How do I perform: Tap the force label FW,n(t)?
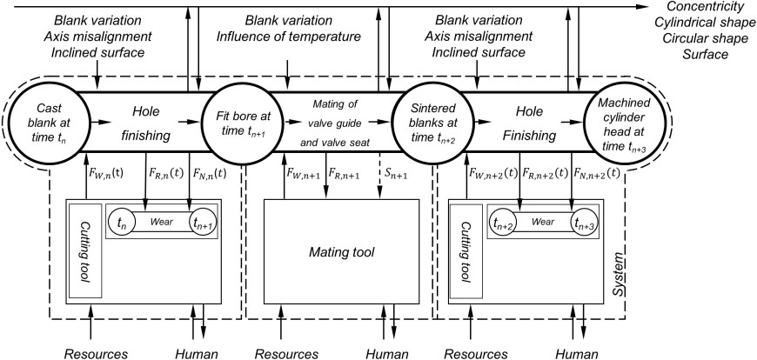105,172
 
